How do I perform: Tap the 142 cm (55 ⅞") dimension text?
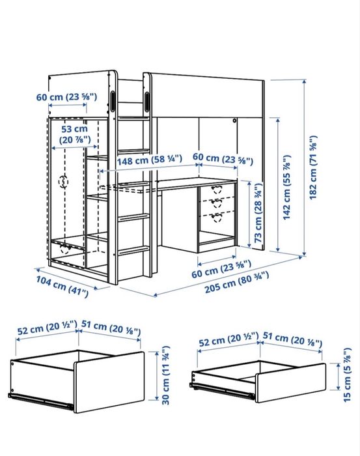pos(286,188)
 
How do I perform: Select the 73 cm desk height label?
pos(258,213)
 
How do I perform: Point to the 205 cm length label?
pos(237,282)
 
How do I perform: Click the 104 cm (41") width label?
pos(62,287)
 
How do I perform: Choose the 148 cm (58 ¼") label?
pos(150,160)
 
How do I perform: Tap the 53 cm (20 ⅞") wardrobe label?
pos(75,134)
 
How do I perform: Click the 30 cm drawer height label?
pos(165,375)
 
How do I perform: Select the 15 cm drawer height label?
pos(347,375)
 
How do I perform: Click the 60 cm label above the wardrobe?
pos(66,97)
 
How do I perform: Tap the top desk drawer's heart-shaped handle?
pos(216,190)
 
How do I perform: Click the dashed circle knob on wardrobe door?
pos(63,182)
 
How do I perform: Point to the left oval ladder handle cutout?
pos(113,102)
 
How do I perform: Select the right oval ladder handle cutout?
pos(147,102)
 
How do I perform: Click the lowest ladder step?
pos(133,250)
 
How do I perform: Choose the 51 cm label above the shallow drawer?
pos(292,339)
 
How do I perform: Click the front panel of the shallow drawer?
pos(291,382)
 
